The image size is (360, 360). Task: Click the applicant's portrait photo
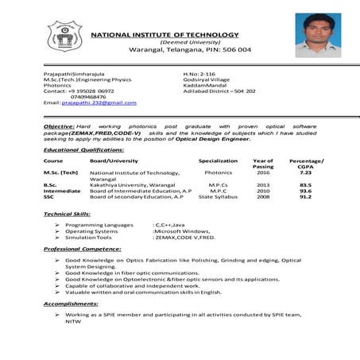[317, 36]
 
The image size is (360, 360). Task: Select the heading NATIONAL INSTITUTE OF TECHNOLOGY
[165, 35]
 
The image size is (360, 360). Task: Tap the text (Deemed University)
[165, 42]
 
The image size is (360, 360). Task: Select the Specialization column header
[219, 161]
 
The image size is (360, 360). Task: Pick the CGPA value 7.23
[305, 172]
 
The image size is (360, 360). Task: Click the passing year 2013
[263, 184]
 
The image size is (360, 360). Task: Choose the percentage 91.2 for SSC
[305, 197]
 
